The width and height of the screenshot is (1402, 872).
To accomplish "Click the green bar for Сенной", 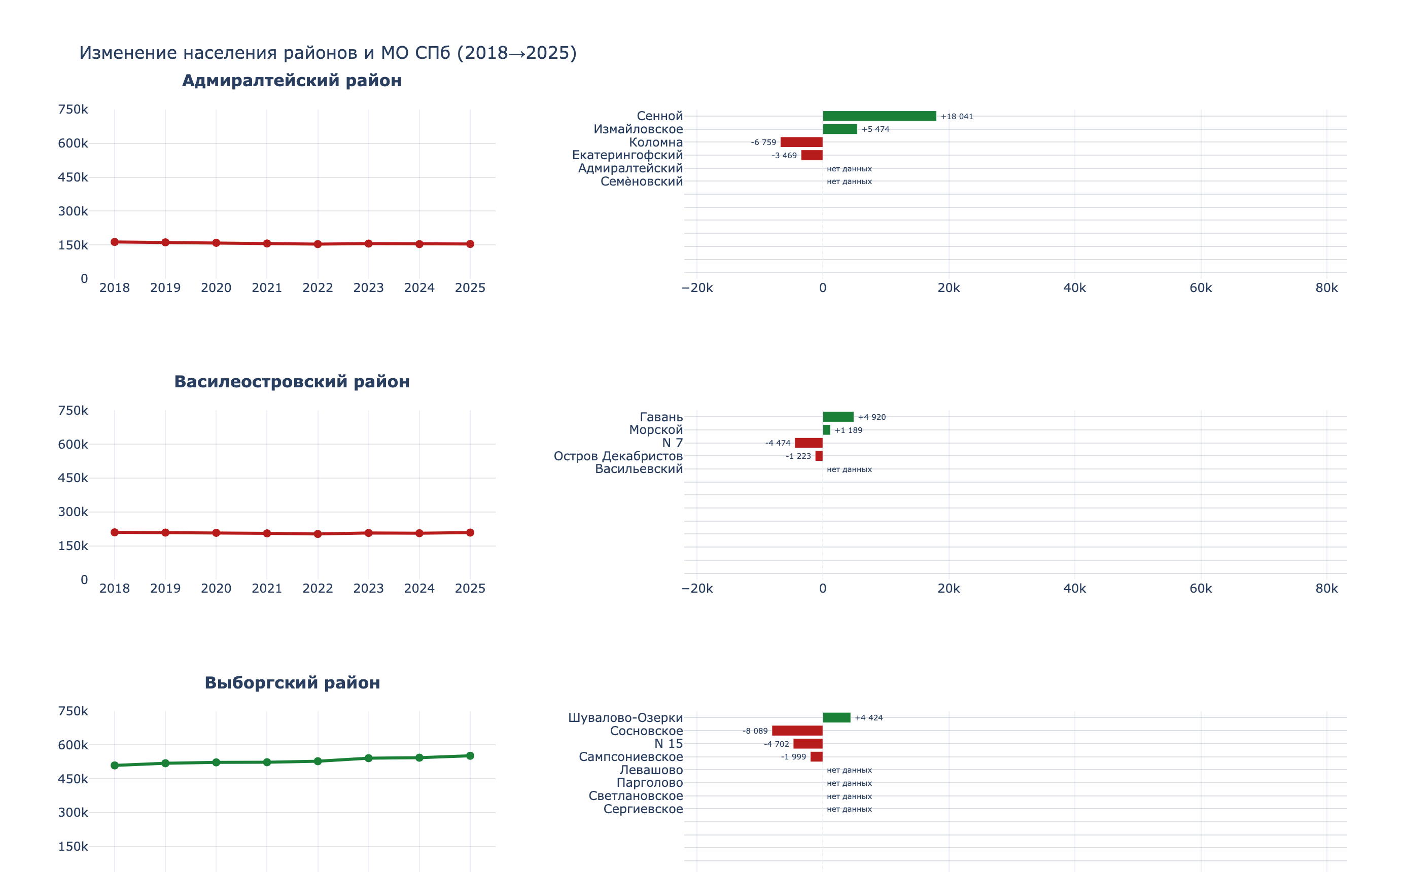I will pyautogui.click(x=879, y=116).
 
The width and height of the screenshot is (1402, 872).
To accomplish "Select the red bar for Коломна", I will pyautogui.click(x=801, y=142).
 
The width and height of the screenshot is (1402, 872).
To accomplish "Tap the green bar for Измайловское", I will pyautogui.click(x=839, y=129).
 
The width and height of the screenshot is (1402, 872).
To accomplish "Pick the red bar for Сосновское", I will pyautogui.click(x=797, y=731).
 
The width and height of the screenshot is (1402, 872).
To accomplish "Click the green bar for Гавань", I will pyautogui.click(x=838, y=417).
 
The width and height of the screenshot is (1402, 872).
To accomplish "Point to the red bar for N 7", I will pyautogui.click(x=809, y=443).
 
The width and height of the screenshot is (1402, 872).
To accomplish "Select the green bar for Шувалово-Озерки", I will pyautogui.click(x=836, y=717).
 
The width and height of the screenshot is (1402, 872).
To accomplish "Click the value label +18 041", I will pyautogui.click(x=957, y=117).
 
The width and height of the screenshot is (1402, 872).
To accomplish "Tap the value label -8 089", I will pyautogui.click(x=755, y=731).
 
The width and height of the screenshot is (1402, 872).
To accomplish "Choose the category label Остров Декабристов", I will pyautogui.click(x=618, y=456).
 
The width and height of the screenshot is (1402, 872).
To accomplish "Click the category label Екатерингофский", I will pyautogui.click(x=627, y=155).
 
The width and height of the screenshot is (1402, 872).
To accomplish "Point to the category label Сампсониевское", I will pyautogui.click(x=630, y=756).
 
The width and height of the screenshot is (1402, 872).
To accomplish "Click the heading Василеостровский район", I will pyautogui.click(x=292, y=382).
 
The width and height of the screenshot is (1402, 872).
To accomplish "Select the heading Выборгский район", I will pyautogui.click(x=292, y=683).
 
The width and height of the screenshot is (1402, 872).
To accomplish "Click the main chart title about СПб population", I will pyautogui.click(x=328, y=53).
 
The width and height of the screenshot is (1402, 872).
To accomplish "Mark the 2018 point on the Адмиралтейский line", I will pyautogui.click(x=115, y=242).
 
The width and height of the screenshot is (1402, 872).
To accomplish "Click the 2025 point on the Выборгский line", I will pyautogui.click(x=470, y=756).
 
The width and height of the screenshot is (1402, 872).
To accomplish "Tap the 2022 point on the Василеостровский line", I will pyautogui.click(x=318, y=534).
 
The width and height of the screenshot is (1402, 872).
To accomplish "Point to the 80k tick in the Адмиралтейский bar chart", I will pyautogui.click(x=1326, y=288).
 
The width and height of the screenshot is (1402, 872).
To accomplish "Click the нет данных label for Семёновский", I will pyautogui.click(x=849, y=181).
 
